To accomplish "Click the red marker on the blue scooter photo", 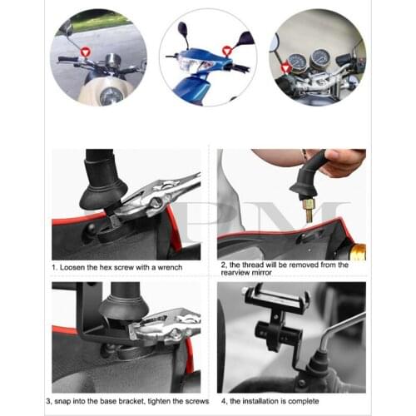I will [226, 51].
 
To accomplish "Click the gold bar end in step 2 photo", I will [358, 250].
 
